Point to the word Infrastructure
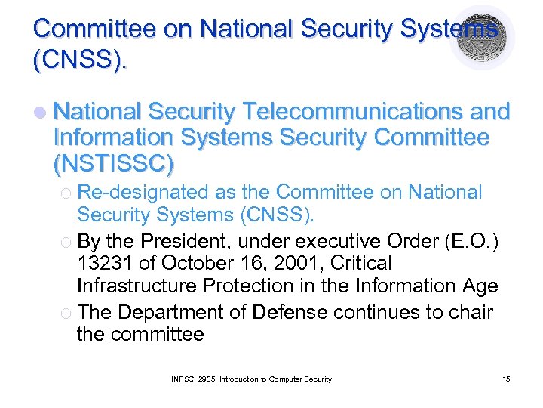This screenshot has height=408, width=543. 140,286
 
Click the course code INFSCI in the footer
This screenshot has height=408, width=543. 185,379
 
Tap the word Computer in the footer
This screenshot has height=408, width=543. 290,379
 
